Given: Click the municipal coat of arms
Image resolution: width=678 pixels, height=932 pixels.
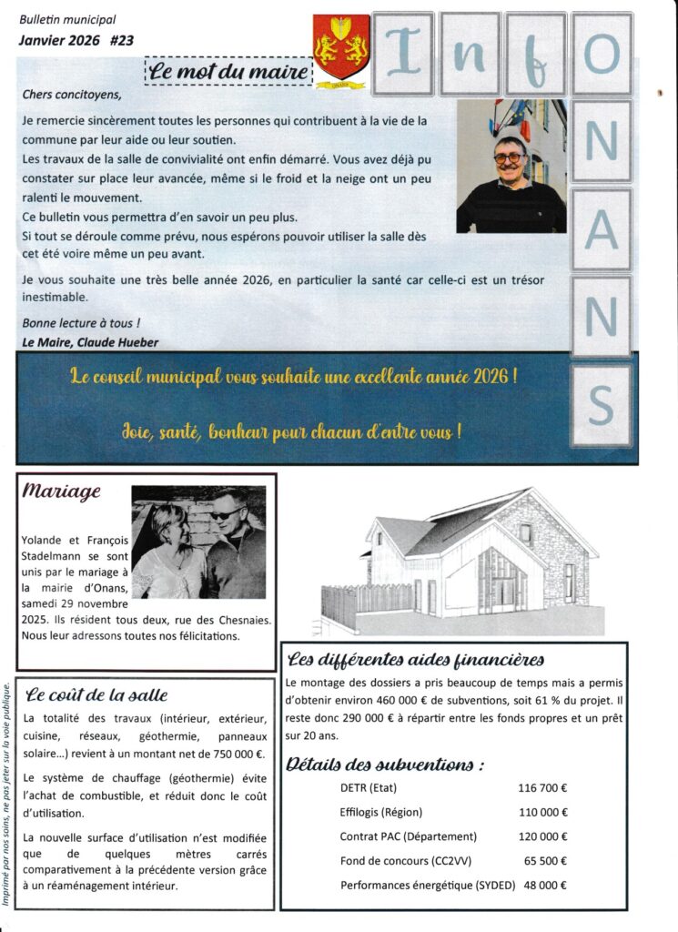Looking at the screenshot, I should (x=340, y=47).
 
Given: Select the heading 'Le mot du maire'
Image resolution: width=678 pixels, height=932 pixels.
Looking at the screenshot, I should (x=228, y=70).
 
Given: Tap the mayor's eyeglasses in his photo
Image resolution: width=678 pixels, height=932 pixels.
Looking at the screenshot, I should (x=509, y=157).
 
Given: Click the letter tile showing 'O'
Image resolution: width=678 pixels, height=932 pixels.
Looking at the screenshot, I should (x=601, y=55).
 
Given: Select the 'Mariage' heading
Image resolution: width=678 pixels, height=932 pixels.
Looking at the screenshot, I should (x=62, y=491).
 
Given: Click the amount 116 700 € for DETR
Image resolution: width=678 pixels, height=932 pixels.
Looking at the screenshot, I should (x=542, y=787).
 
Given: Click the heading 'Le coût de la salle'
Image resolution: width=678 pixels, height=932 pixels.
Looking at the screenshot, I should (x=97, y=696).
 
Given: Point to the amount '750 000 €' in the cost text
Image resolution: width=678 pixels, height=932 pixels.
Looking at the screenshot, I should (x=232, y=754).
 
